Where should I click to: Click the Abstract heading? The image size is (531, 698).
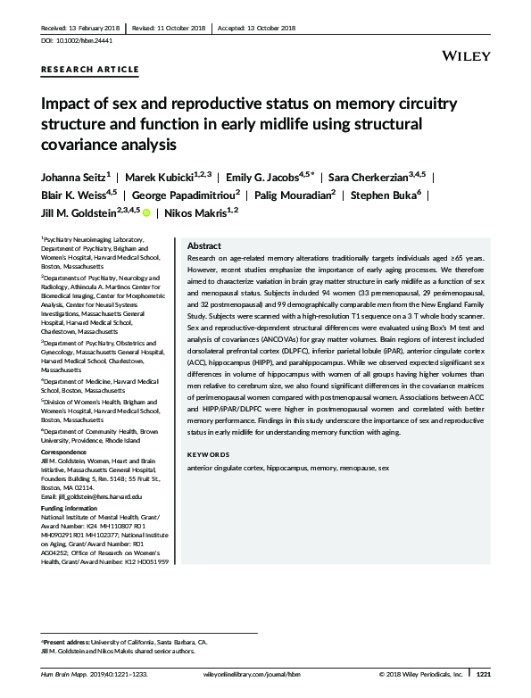click(x=204, y=245)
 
